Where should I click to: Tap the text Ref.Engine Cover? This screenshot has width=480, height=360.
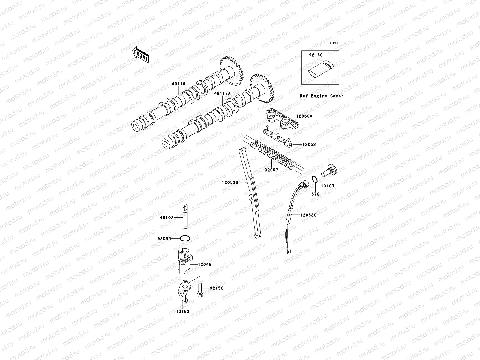point(322,96)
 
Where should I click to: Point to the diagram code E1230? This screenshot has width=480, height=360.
point(335,43)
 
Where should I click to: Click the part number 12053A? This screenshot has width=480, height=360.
point(304,116)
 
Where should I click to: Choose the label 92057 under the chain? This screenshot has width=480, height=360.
point(271,170)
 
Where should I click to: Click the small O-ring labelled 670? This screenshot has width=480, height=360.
point(314,179)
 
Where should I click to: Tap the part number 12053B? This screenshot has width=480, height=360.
point(230,182)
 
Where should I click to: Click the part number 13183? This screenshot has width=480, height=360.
point(183,311)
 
